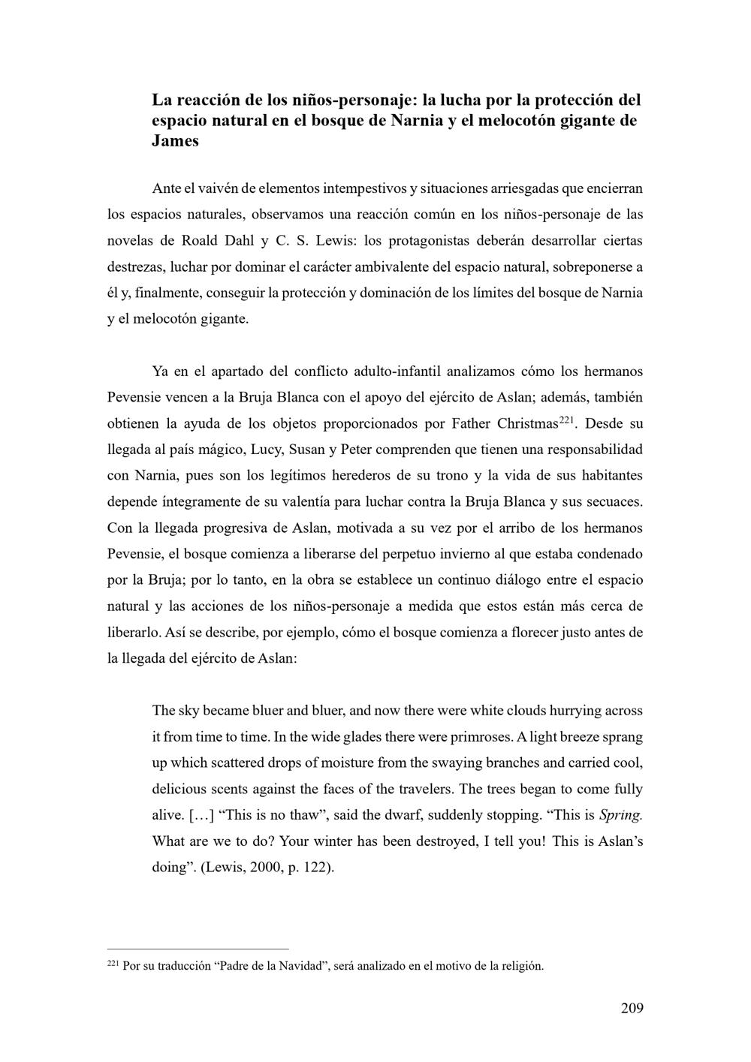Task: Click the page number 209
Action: (632, 1008)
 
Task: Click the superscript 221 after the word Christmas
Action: (566, 420)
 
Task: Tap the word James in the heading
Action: (175, 141)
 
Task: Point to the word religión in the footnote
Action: (521, 966)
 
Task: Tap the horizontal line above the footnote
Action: (198, 949)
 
